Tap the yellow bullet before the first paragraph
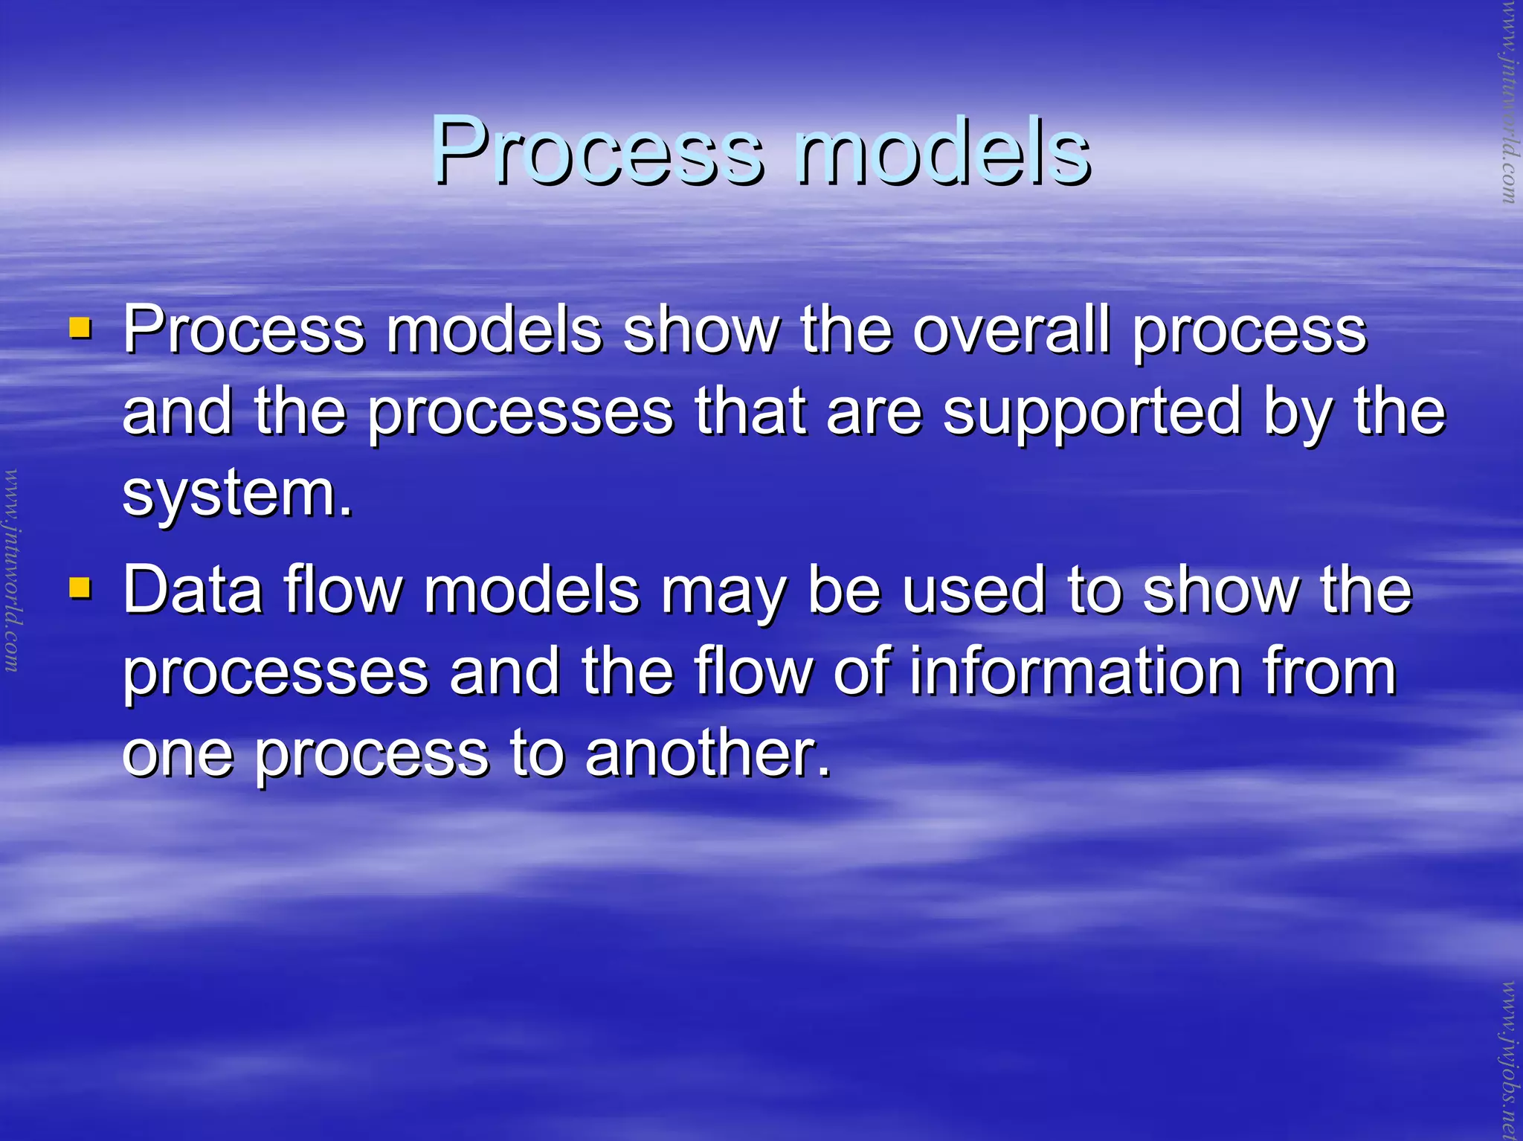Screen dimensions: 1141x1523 pos(80,328)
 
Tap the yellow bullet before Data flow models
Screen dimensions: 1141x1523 pos(80,588)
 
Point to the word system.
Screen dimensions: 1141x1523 pos(236,494)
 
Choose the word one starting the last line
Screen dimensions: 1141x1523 pos(177,755)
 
